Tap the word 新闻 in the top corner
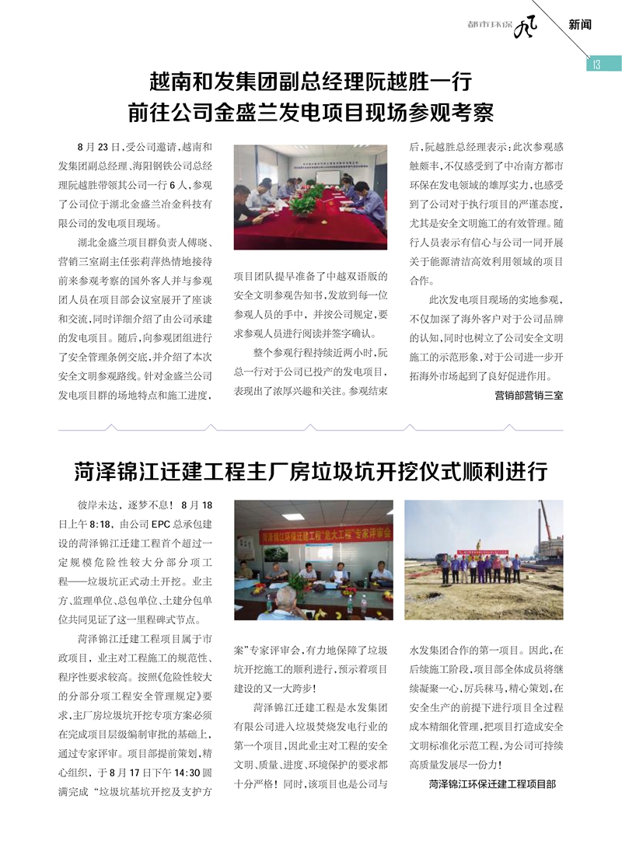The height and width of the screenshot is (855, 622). (x=580, y=25)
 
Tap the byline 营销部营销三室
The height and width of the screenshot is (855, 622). (x=529, y=395)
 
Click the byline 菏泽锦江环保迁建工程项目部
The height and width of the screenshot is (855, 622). (x=492, y=784)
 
